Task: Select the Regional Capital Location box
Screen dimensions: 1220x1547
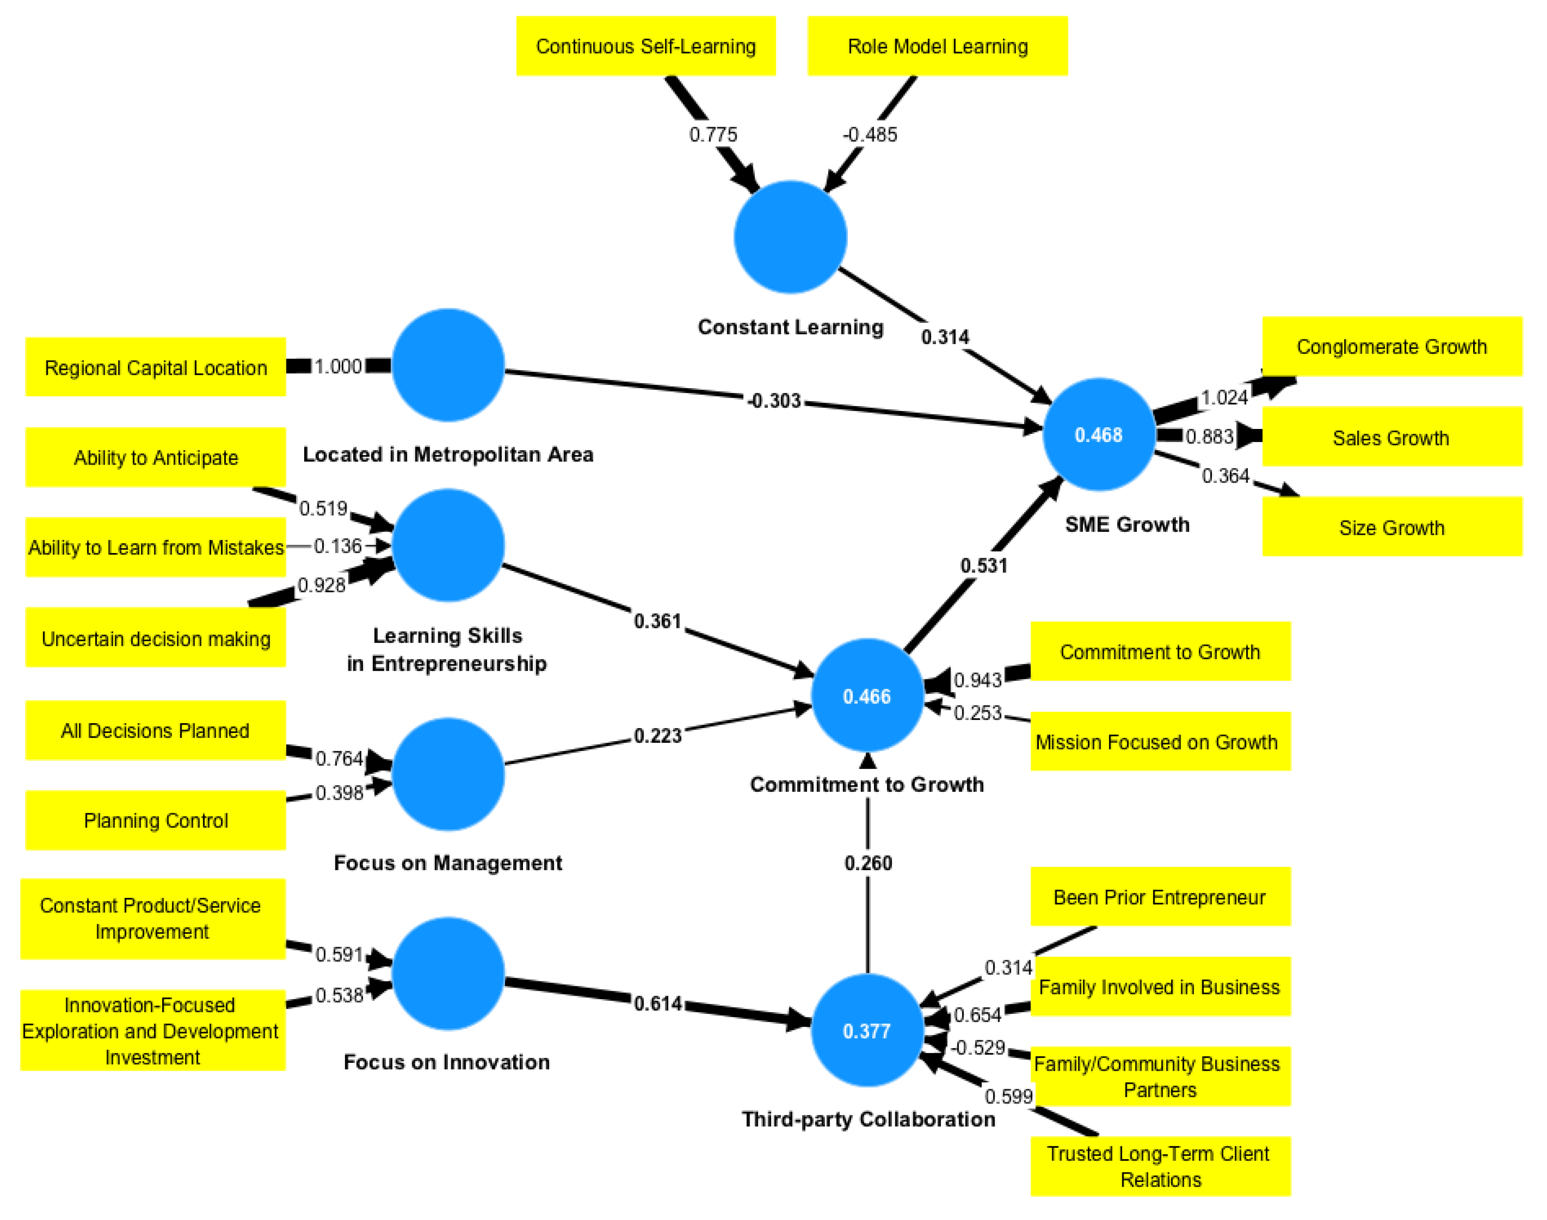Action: (156, 368)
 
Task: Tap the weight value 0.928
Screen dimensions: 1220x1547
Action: (321, 586)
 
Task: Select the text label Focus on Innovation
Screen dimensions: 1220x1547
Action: (447, 1062)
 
